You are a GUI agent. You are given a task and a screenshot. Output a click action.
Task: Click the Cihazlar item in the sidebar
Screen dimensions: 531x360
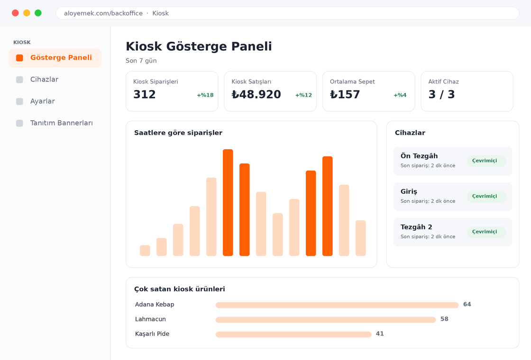coord(44,80)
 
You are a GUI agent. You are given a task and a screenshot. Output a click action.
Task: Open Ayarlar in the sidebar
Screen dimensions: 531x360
coord(42,101)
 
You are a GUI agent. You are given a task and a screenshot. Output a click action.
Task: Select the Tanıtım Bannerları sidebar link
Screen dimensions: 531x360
coord(61,123)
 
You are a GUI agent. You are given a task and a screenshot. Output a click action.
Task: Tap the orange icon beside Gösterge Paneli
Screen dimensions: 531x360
coord(19,58)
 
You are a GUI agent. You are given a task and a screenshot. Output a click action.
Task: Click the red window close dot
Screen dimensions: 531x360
coord(15,13)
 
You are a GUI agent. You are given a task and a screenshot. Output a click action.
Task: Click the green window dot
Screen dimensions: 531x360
coord(38,13)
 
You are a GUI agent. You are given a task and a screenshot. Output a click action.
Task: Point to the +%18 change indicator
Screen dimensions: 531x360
coord(205,95)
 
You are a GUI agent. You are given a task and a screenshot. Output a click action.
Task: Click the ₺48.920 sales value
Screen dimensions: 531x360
coord(256,94)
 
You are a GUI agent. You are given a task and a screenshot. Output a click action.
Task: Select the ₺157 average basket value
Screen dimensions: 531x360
coord(345,94)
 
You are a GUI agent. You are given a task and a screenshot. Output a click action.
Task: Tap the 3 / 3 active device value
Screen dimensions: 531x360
coord(441,94)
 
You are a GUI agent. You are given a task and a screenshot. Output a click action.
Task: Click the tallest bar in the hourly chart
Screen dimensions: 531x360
coord(228,202)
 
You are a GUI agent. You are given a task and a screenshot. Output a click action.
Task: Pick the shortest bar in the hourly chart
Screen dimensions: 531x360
coord(145,251)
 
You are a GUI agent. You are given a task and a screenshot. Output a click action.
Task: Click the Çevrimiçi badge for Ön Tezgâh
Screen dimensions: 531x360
coord(486,161)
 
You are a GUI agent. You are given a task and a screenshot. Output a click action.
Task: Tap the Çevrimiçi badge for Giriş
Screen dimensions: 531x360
coord(486,196)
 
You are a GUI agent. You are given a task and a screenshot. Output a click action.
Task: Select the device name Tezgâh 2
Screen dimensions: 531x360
coord(416,227)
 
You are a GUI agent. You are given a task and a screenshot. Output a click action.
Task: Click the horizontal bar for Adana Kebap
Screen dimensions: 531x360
coord(337,305)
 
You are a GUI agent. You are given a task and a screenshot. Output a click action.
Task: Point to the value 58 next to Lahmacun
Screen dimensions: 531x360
coord(444,319)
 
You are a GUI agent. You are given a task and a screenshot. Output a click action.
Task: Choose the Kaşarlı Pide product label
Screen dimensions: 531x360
coord(152,334)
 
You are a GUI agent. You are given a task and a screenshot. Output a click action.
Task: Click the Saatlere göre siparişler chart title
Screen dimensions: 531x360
coord(178,133)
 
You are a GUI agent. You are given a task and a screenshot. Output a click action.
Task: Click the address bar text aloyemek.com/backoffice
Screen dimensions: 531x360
coord(103,13)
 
